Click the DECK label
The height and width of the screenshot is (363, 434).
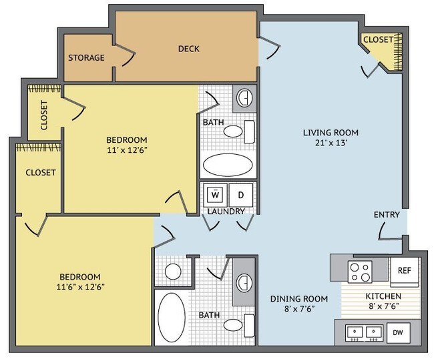188,49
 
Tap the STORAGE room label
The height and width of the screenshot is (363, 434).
86,57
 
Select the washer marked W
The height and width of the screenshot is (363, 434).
216,195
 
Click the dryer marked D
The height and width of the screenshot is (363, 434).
241,195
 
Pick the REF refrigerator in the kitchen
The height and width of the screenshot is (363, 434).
405,272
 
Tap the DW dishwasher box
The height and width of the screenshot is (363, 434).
398,332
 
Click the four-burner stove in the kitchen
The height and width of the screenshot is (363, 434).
360,272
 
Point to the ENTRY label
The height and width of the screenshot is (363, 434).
387,214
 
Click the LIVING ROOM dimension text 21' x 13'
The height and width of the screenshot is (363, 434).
331,143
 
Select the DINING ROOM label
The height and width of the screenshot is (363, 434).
299,298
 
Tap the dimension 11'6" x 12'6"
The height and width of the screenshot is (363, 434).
81,287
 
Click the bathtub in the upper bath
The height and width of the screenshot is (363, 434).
228,165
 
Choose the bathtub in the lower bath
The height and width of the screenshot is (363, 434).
172,318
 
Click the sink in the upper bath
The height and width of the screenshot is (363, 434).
244,97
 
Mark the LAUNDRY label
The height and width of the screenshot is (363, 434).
226,212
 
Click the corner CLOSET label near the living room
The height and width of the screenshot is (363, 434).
378,39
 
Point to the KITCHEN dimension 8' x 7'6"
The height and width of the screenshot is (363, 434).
383,306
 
